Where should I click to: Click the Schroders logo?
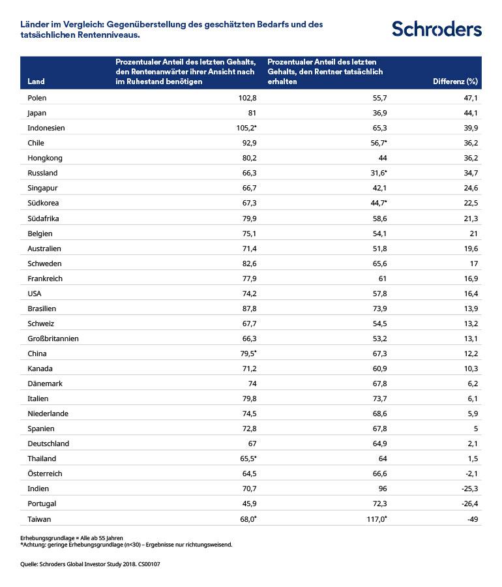point(436,29)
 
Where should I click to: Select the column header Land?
point(37,82)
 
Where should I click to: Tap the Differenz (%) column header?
point(456,82)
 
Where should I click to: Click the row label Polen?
point(38,98)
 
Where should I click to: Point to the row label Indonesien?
point(46,128)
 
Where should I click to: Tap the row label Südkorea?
point(44,203)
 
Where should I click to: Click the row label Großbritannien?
point(53,339)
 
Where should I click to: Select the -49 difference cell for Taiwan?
point(473,519)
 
